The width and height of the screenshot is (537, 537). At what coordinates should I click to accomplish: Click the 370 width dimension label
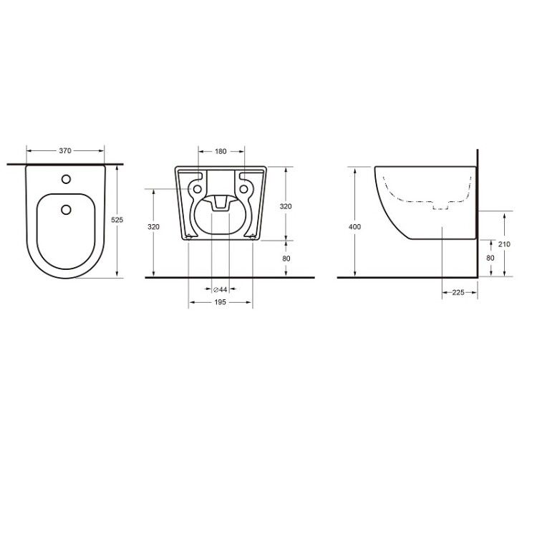[65, 150]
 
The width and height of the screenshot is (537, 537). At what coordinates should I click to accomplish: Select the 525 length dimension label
[117, 220]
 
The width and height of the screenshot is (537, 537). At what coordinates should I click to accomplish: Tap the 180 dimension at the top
[221, 151]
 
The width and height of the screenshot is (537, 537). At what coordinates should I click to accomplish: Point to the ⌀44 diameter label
[221, 290]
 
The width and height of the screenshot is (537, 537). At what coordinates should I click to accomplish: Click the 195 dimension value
[221, 302]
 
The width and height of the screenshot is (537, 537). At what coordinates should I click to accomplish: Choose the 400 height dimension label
[355, 227]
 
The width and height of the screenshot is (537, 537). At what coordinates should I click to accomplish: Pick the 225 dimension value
[458, 292]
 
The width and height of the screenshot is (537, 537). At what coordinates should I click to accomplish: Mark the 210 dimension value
[504, 244]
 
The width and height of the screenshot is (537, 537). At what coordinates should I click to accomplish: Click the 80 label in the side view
[490, 258]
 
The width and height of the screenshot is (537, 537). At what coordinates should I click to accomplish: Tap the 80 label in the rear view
[286, 258]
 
